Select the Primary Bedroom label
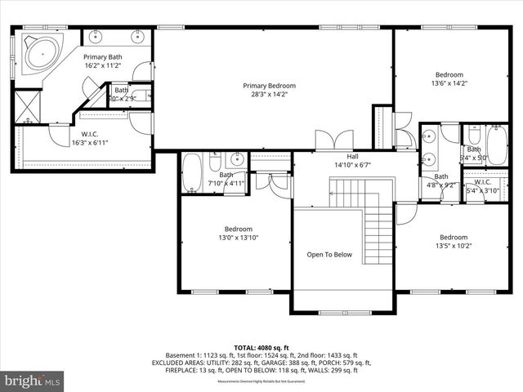269,90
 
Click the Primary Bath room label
102,61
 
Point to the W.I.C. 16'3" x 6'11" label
89,138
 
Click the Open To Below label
329,255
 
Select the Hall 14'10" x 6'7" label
352,160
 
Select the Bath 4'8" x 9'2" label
441,180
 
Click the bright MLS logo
33,381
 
